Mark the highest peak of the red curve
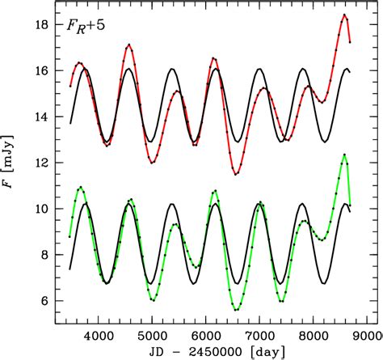point(344,15)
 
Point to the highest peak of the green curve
point(344,155)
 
